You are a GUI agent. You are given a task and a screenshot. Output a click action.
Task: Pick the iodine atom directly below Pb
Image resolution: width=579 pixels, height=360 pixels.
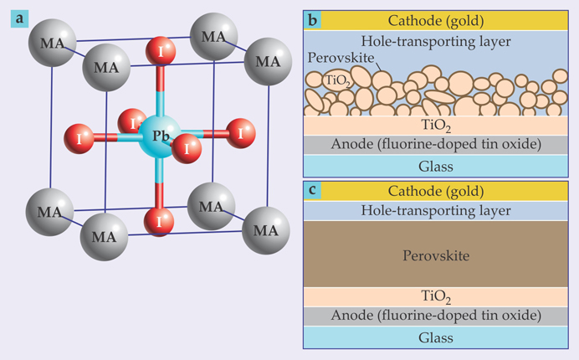pos(158,222)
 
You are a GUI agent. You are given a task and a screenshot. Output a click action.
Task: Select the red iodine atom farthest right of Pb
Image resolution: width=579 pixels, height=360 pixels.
pos(241,131)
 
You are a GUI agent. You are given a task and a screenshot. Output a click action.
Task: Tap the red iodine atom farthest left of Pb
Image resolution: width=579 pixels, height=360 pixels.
pos(81,137)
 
